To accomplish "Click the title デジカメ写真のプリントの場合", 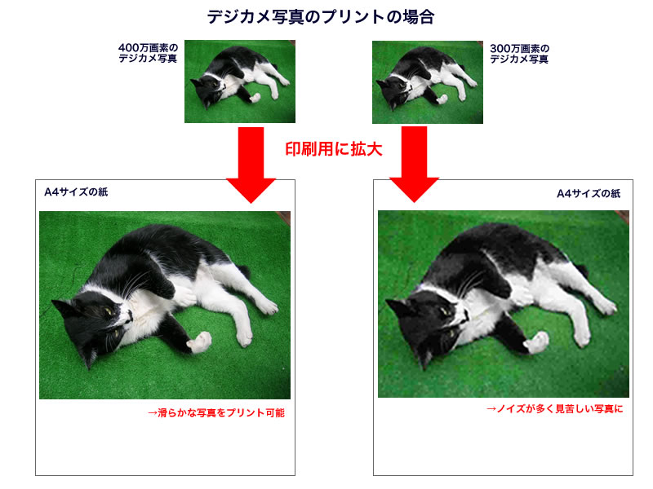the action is click(x=321, y=17).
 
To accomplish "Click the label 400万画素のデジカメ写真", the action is click(x=148, y=53).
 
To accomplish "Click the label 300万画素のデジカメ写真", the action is click(x=519, y=54).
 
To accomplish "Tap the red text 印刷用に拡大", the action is click(x=334, y=149).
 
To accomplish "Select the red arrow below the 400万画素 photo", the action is click(x=251, y=165).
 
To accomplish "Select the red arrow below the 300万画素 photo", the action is click(x=414, y=165).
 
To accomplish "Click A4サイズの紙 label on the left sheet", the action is click(x=76, y=192).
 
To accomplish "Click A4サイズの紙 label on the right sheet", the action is click(x=589, y=193).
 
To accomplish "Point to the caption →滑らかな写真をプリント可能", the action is click(x=216, y=413).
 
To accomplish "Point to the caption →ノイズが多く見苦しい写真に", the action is click(x=554, y=409).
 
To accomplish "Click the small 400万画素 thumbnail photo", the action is click(x=240, y=81).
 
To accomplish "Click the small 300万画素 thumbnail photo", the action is click(x=428, y=82).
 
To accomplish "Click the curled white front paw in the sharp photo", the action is click(x=199, y=341).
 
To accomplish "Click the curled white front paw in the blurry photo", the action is click(x=536, y=341).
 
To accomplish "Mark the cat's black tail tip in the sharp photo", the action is click(x=245, y=271).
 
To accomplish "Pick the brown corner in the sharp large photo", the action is click(x=283, y=217).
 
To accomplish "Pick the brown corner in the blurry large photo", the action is click(x=622, y=216).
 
